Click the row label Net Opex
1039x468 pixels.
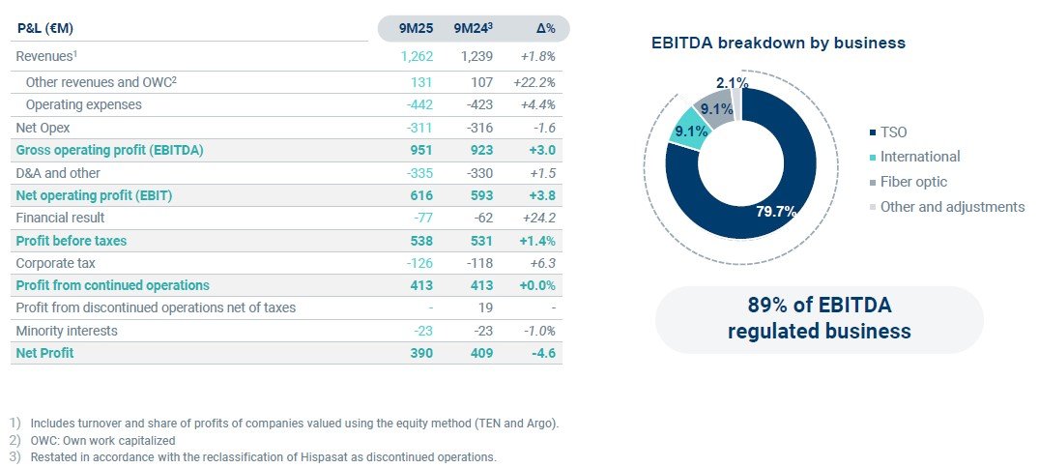click(x=43, y=128)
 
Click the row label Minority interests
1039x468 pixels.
click(x=66, y=331)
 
